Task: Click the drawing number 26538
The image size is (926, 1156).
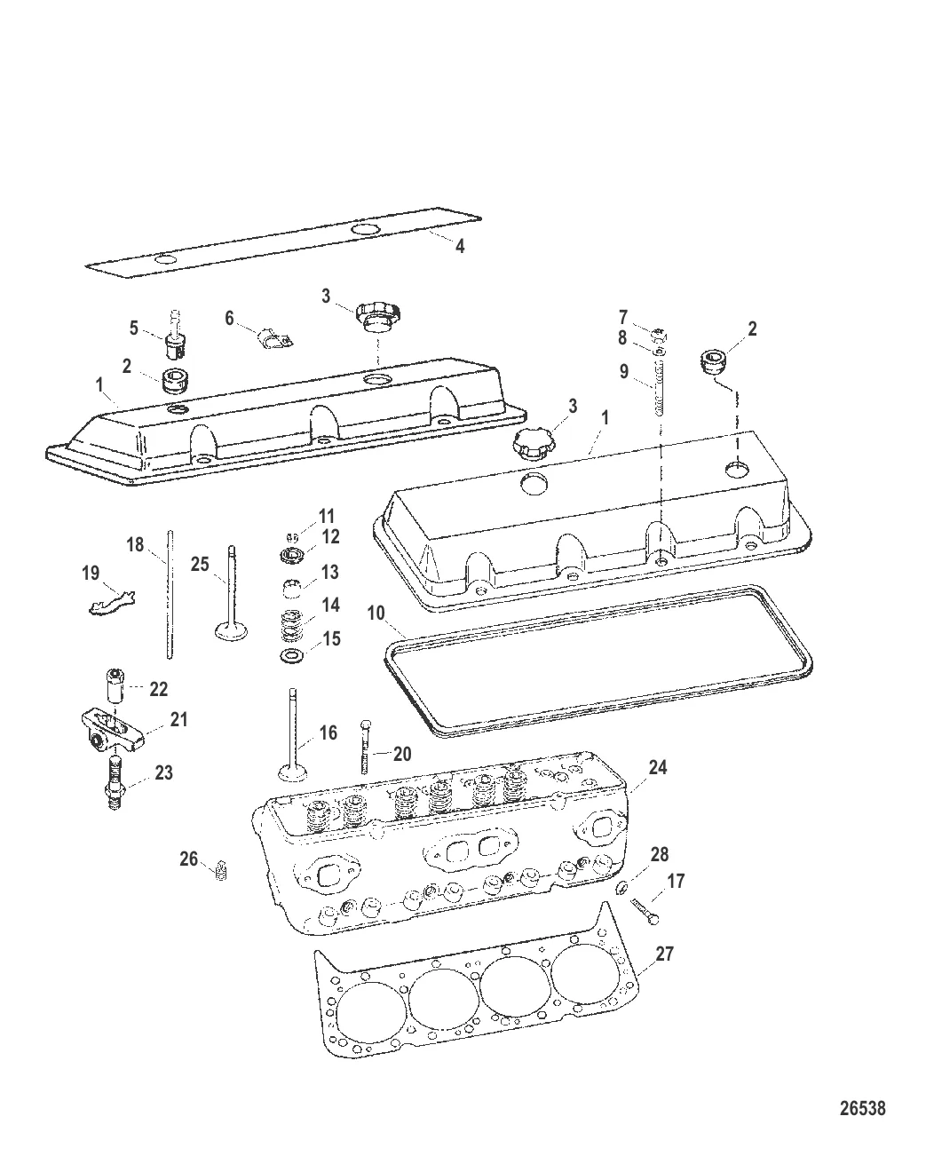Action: pos(862,1108)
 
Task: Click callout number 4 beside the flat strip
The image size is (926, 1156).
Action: pos(460,247)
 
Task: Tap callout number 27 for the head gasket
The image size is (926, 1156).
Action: pos(665,954)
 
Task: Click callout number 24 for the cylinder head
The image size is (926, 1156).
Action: pos(658,767)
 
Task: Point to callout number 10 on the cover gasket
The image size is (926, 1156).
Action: pos(376,613)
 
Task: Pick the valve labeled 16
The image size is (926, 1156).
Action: pos(292,737)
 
